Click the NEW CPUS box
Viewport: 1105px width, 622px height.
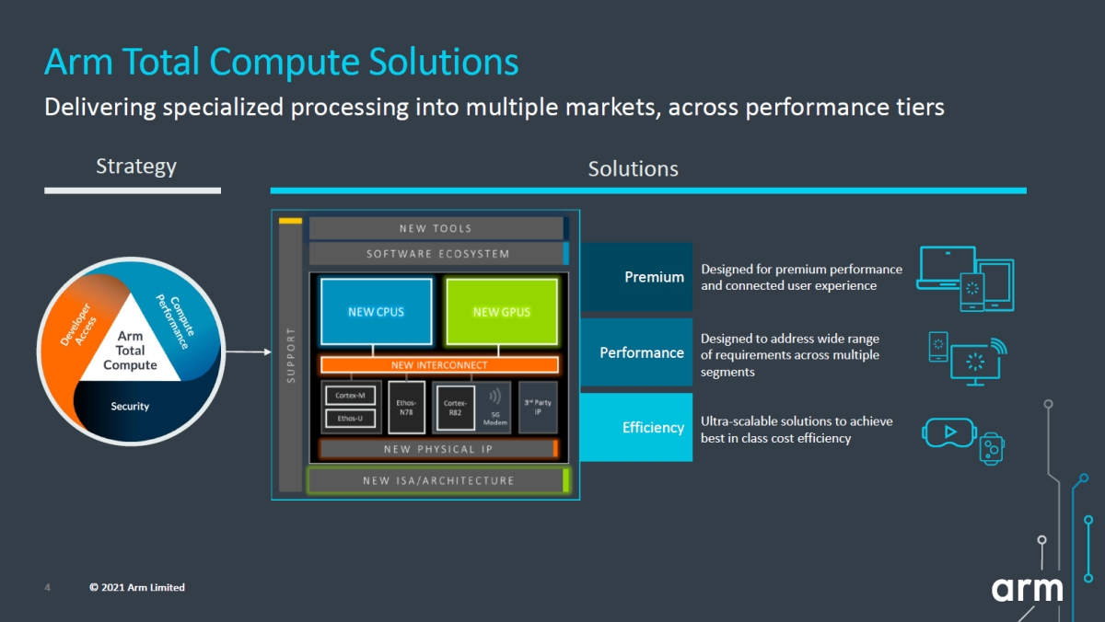(376, 312)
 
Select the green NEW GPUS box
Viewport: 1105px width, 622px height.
(502, 312)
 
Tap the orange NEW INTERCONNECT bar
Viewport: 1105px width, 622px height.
(439, 364)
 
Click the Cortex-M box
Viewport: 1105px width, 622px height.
(350, 396)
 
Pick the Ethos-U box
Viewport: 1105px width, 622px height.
(350, 419)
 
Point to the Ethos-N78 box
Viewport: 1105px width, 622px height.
(406, 408)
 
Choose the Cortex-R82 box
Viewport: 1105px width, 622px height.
(455, 408)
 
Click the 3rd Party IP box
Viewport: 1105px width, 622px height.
(538, 407)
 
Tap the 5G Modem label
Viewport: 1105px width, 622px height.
(495, 419)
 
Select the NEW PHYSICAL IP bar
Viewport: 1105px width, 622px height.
(438, 449)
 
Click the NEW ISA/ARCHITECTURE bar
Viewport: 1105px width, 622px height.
(438, 480)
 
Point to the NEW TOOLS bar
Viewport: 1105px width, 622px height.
(436, 228)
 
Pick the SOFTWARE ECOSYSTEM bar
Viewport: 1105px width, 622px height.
(438, 254)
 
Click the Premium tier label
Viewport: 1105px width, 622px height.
(654, 277)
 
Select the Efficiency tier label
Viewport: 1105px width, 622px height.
(653, 427)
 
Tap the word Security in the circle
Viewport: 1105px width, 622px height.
(130, 406)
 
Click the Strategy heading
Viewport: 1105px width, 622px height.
(136, 167)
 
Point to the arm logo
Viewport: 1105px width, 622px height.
(1027, 589)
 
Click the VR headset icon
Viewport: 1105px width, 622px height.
(949, 432)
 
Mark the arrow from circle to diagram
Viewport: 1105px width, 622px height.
(248, 351)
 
